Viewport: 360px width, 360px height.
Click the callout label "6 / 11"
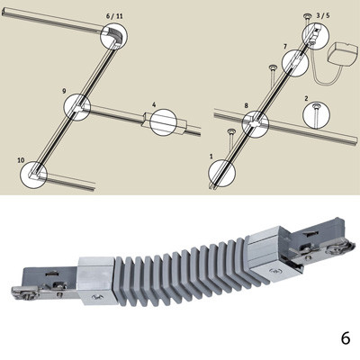point(114,16)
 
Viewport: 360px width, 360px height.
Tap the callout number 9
point(64,91)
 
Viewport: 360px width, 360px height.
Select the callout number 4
point(154,105)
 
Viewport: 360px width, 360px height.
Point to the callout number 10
point(21,160)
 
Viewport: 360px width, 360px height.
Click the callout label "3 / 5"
point(323,15)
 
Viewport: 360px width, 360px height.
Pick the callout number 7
point(285,47)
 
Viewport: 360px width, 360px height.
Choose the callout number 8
point(247,105)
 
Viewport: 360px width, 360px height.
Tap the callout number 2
point(306,98)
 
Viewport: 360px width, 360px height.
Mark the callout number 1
point(211,157)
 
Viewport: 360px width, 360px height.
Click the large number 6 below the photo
point(346,338)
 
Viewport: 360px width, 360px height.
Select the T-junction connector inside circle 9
point(78,107)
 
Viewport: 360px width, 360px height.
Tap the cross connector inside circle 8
point(256,123)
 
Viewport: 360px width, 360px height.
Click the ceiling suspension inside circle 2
point(316,115)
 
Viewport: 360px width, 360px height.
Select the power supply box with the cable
point(342,55)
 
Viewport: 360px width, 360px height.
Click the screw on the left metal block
point(96,297)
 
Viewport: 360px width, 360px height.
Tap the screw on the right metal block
point(274,272)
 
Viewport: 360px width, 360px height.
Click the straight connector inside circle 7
point(296,61)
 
